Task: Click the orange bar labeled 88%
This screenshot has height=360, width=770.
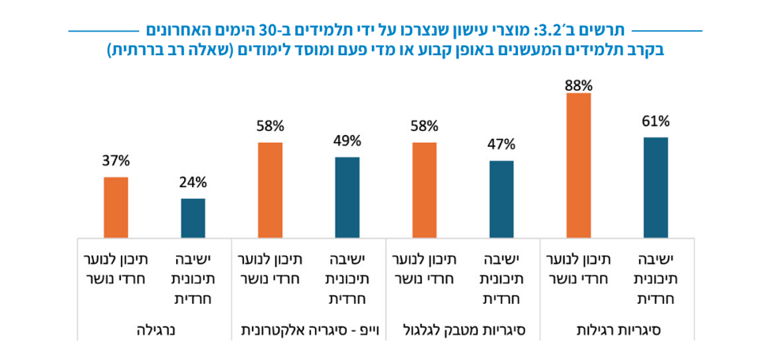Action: [578, 166]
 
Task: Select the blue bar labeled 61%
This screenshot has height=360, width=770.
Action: [655, 188]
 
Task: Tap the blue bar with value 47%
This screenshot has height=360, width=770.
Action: [501, 199]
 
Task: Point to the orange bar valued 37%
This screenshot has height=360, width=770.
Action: [115, 208]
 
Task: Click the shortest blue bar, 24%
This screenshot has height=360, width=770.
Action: [193, 218]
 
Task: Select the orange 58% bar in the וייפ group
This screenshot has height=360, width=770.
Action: [269, 190]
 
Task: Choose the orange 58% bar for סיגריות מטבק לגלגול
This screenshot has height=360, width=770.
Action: [424, 190]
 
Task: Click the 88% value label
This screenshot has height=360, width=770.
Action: [578, 84]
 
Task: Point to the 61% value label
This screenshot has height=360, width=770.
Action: [655, 121]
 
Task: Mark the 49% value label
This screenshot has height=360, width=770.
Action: [347, 141]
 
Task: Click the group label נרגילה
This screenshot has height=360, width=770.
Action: [154, 328]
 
